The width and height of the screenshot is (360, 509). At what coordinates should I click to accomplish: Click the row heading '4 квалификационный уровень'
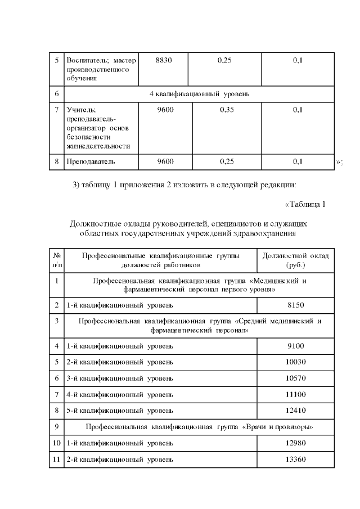click(199, 93)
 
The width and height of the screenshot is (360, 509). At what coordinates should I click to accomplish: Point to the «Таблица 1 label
click(305, 204)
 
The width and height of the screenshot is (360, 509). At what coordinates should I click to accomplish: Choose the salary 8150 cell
click(295, 305)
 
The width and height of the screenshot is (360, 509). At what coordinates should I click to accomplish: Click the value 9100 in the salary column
click(295, 346)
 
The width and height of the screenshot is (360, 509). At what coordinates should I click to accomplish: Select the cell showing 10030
click(295, 362)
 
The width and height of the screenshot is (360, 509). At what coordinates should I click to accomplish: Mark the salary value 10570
click(295, 378)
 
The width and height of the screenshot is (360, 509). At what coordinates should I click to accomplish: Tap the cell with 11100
click(295, 394)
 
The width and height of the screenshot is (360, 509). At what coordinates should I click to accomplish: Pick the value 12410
click(295, 411)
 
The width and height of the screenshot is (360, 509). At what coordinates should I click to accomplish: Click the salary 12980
click(295, 443)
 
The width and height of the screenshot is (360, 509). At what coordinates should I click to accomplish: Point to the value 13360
click(295, 460)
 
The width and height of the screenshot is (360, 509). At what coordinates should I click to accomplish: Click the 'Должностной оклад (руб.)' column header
click(295, 260)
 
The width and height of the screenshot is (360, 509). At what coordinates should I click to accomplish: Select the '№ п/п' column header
click(57, 260)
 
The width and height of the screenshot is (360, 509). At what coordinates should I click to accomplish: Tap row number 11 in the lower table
click(57, 460)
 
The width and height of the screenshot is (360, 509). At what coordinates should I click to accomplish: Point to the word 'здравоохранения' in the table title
click(261, 233)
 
